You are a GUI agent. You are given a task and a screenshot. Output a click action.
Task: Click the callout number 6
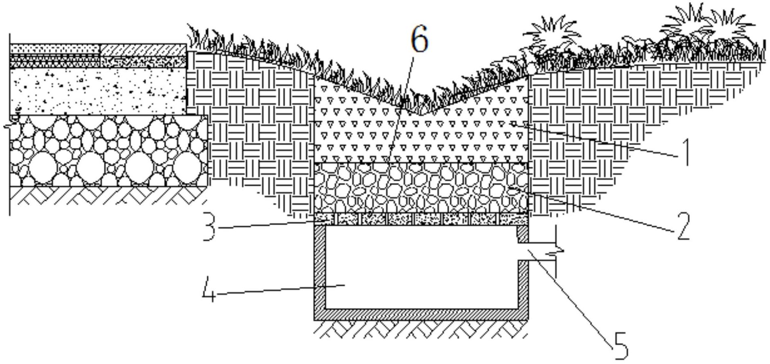point(419,39)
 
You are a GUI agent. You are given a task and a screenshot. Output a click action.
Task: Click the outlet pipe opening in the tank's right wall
point(523,251)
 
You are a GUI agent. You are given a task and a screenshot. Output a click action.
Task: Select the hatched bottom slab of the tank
point(421,315)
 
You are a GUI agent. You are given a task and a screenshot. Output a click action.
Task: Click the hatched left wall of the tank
point(320,272)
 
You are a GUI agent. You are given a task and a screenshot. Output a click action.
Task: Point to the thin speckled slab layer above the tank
point(421,219)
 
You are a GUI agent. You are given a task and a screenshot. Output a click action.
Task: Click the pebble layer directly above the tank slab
point(421,188)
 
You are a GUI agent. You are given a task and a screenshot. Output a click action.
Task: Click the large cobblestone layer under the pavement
point(108,150)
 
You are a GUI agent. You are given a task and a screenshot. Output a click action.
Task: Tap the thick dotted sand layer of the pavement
point(98,91)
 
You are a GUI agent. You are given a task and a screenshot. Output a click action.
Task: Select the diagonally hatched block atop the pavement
point(144,50)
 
